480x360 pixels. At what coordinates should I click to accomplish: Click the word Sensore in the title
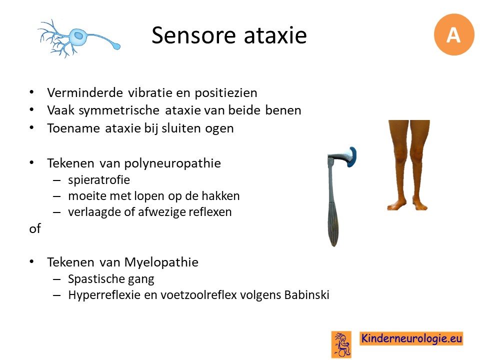pyautogui.click(x=193, y=35)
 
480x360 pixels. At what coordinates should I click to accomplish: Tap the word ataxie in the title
pyautogui.click(x=275, y=35)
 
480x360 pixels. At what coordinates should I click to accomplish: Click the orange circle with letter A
pyautogui.click(x=453, y=34)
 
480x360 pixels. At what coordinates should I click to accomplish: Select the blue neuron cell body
pyautogui.click(x=79, y=36)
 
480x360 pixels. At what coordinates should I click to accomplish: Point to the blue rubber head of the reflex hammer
pyautogui.click(x=352, y=156)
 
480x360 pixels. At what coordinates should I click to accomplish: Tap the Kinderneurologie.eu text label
pyautogui.click(x=411, y=338)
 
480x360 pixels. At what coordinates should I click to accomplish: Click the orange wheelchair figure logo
pyautogui.click(x=341, y=344)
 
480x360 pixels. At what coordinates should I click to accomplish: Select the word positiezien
pyautogui.click(x=226, y=93)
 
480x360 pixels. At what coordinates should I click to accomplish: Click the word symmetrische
pyautogui.click(x=119, y=110)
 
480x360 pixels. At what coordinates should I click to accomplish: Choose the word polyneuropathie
pyautogui.click(x=172, y=163)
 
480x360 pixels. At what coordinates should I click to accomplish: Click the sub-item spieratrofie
pyautogui.click(x=99, y=180)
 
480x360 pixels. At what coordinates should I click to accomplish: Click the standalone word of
pyautogui.click(x=35, y=228)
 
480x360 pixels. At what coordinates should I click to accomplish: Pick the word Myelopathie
pyautogui.click(x=161, y=262)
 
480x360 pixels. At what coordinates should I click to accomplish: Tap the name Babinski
pyautogui.click(x=306, y=295)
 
